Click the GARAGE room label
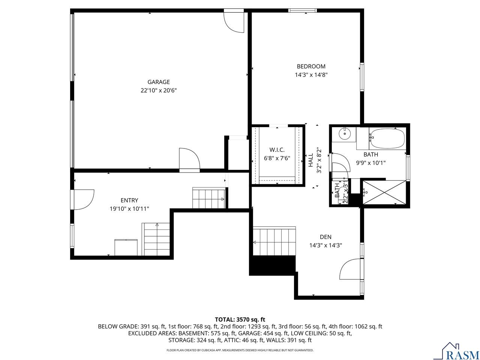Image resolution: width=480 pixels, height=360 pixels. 158,82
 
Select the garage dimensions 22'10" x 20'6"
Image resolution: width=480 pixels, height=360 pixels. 158,90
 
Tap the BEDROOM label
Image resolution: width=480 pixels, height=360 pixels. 311,66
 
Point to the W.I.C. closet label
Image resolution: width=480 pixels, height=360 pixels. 277,150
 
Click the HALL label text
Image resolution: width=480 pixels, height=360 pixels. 310,160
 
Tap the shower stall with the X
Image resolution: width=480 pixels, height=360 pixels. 384,193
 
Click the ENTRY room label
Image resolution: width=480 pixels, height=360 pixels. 129,200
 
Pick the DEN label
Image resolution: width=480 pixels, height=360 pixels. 325,237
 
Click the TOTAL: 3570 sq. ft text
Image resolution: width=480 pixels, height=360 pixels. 240,319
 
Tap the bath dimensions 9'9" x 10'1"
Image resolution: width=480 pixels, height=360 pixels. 370,163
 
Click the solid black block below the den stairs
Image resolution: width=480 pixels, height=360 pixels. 273,265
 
